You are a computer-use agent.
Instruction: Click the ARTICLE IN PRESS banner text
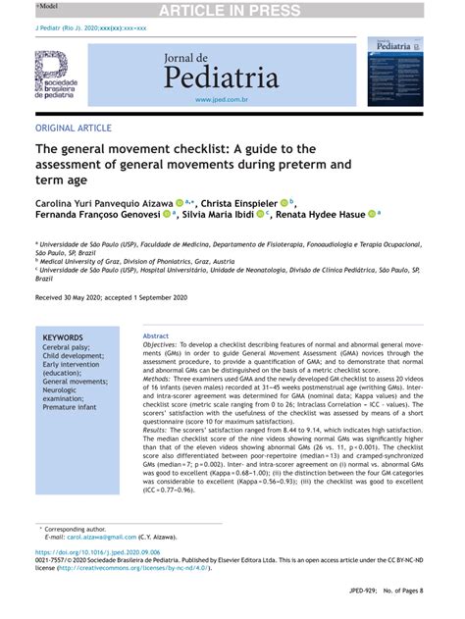coord(232,9)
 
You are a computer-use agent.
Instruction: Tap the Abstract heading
coord(156,336)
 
